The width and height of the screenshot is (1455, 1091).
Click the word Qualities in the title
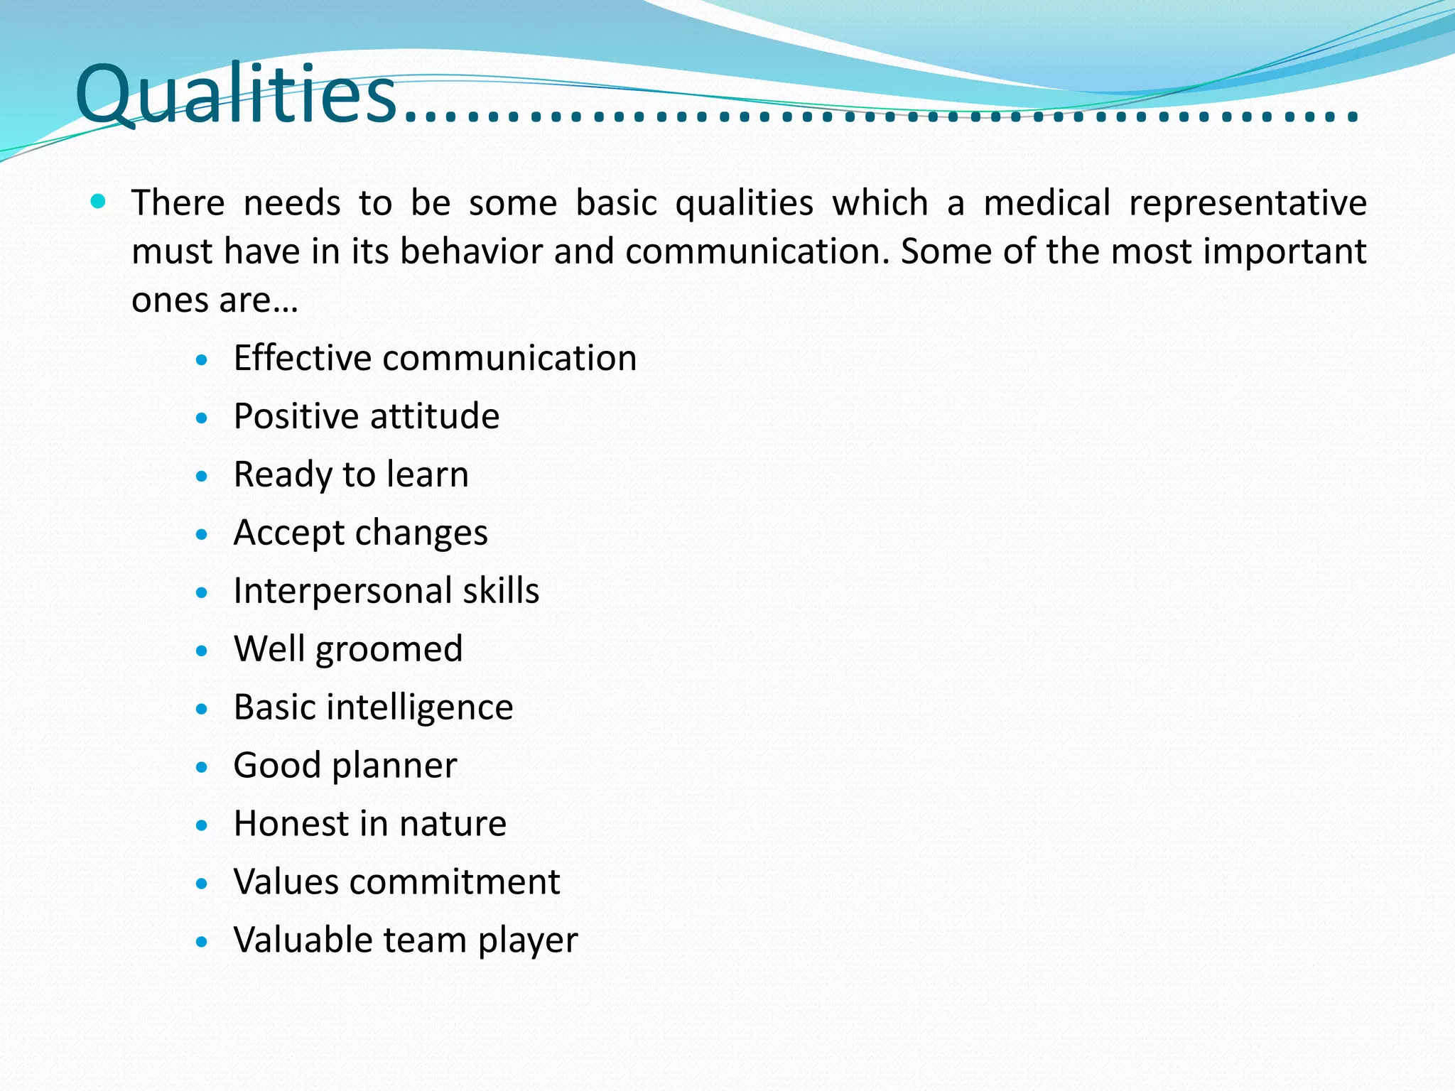point(236,95)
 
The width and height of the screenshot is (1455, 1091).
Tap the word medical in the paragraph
point(1046,203)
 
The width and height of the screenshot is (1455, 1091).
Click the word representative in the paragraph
point(1248,203)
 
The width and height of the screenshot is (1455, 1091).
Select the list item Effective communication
point(435,358)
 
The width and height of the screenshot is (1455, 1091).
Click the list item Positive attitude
point(367,416)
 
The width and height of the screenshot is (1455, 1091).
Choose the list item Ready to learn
point(351,474)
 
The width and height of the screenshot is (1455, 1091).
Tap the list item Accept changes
point(360,533)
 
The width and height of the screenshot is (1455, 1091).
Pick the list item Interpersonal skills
point(386,591)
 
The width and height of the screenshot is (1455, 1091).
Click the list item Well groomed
point(348,649)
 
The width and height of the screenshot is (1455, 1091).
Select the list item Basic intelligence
point(373,707)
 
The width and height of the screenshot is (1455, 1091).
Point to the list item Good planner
point(345,766)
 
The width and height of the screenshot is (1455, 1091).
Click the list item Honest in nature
point(369,824)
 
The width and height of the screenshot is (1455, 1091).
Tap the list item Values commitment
point(396,882)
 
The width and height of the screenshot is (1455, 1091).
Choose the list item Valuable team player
point(406,940)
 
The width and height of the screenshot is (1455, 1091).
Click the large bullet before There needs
point(99,202)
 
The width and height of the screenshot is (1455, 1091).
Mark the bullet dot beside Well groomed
point(202,651)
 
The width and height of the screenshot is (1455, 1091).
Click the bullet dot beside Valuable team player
point(202,942)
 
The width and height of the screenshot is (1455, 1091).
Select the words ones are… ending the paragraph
point(215,300)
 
